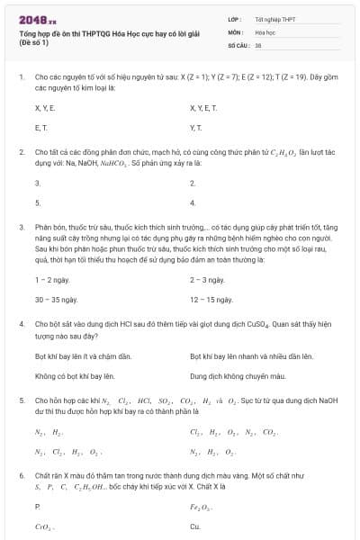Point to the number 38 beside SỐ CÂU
coord(258,43)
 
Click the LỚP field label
coord(236,18)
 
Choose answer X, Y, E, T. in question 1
coord(205,107)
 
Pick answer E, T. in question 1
coord(41,128)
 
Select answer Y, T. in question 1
coord(196,128)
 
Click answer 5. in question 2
coord(38,202)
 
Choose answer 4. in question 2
coord(193,202)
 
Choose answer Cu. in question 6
coord(195,526)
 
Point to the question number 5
coord(22,398)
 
